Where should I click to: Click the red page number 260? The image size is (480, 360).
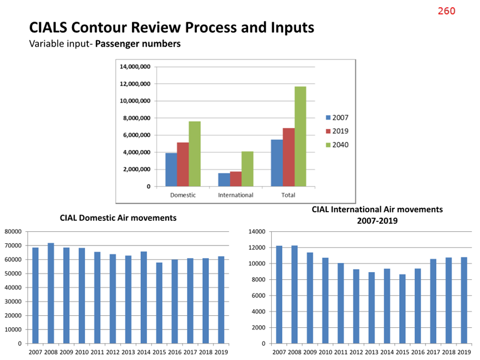446,11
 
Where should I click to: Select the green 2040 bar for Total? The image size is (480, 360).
301,136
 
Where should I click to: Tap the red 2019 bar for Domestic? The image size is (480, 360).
183,164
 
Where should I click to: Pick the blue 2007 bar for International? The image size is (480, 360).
224,179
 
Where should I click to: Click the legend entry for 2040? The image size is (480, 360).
337,145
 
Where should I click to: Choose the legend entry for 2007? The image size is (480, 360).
337,118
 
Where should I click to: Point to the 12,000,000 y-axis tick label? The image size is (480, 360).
135,84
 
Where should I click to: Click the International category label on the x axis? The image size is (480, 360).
236,195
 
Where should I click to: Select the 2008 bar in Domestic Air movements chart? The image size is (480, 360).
51,293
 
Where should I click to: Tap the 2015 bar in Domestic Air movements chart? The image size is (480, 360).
159,303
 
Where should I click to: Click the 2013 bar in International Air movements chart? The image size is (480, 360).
371,308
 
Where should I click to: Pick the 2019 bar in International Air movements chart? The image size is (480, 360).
464,301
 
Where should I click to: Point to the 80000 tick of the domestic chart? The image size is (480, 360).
13,232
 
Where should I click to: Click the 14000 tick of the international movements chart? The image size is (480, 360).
257,232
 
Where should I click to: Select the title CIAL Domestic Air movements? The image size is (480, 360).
118,218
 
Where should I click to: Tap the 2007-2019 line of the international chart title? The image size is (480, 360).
377,221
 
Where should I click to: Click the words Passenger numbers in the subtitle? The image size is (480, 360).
138,44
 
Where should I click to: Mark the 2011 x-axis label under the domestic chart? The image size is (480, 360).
97,352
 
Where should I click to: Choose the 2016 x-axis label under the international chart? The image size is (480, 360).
418,352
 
